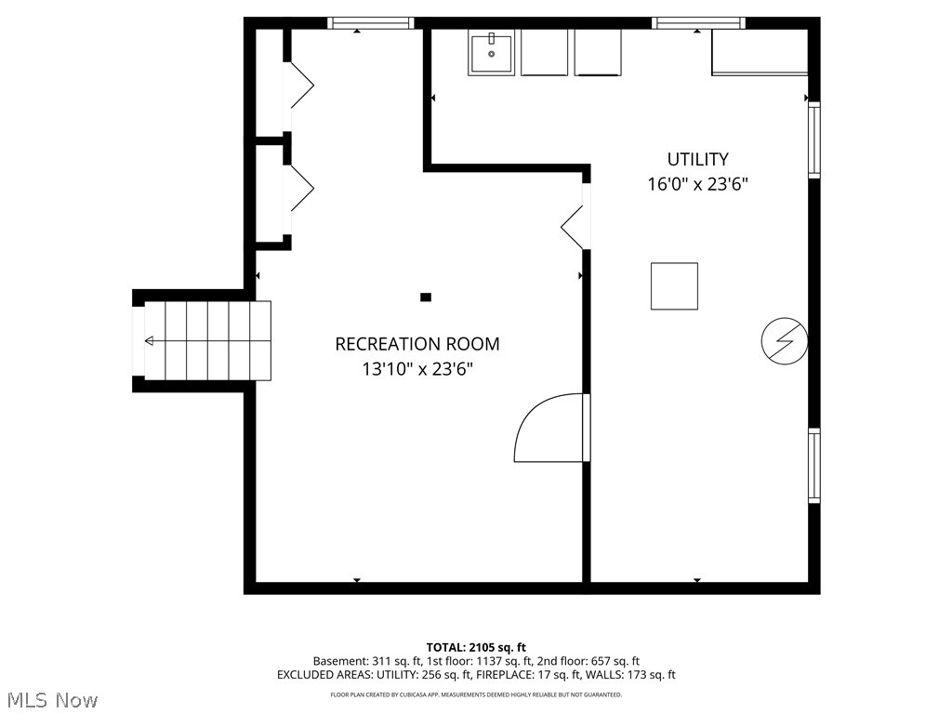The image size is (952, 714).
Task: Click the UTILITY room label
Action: pyautogui.click(x=697, y=159)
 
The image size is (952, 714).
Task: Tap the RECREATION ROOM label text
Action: pyautogui.click(x=416, y=344)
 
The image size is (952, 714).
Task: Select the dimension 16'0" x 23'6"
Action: pyautogui.click(x=697, y=184)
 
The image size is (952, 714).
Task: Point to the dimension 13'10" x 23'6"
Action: pyautogui.click(x=416, y=369)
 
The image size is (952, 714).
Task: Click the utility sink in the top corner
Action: pyautogui.click(x=491, y=52)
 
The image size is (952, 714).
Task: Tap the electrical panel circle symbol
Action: pyautogui.click(x=783, y=341)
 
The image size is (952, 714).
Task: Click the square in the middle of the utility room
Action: pyautogui.click(x=674, y=286)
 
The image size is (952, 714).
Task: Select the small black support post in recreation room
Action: pyautogui.click(x=426, y=297)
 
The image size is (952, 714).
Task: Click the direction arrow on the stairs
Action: pyautogui.click(x=150, y=341)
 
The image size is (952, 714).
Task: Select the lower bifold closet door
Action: pyautogui.click(x=300, y=189)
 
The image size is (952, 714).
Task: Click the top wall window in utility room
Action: pyautogui.click(x=698, y=23)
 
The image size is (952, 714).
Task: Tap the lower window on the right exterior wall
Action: pyautogui.click(x=814, y=465)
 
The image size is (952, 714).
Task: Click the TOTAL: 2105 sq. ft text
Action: pyautogui.click(x=476, y=647)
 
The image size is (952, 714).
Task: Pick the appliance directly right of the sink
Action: pyautogui.click(x=544, y=52)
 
